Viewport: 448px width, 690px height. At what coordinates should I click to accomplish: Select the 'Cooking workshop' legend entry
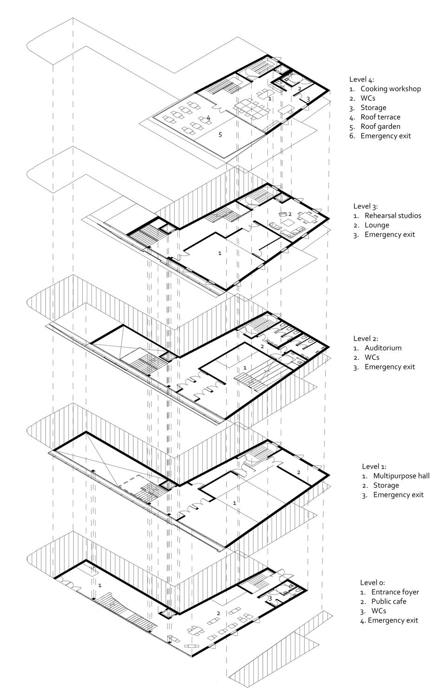point(390,89)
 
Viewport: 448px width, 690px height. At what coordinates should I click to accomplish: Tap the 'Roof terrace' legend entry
point(380,117)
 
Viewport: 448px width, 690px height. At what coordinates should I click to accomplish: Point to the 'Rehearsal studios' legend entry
point(393,216)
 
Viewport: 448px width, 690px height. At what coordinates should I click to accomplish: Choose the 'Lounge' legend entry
point(377,225)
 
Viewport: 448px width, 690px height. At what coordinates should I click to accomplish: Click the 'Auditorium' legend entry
point(383,348)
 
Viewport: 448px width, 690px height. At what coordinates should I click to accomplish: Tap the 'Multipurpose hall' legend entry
point(401,476)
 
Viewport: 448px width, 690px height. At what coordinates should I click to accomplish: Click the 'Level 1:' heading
point(374,467)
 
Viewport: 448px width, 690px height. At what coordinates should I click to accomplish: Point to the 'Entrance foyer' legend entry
point(395,592)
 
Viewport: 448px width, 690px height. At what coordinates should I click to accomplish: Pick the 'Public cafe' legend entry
point(389,601)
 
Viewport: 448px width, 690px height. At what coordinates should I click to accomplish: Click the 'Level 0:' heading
point(372,583)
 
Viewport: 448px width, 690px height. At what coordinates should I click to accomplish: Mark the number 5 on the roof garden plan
point(220,135)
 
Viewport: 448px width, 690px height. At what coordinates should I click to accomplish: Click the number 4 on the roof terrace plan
point(208,118)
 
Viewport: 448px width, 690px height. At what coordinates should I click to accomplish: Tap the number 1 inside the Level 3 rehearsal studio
point(220,253)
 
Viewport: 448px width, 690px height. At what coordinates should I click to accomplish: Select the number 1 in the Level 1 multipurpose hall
point(234,503)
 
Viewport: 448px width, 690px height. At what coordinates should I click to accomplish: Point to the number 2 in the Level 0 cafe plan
point(218,613)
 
